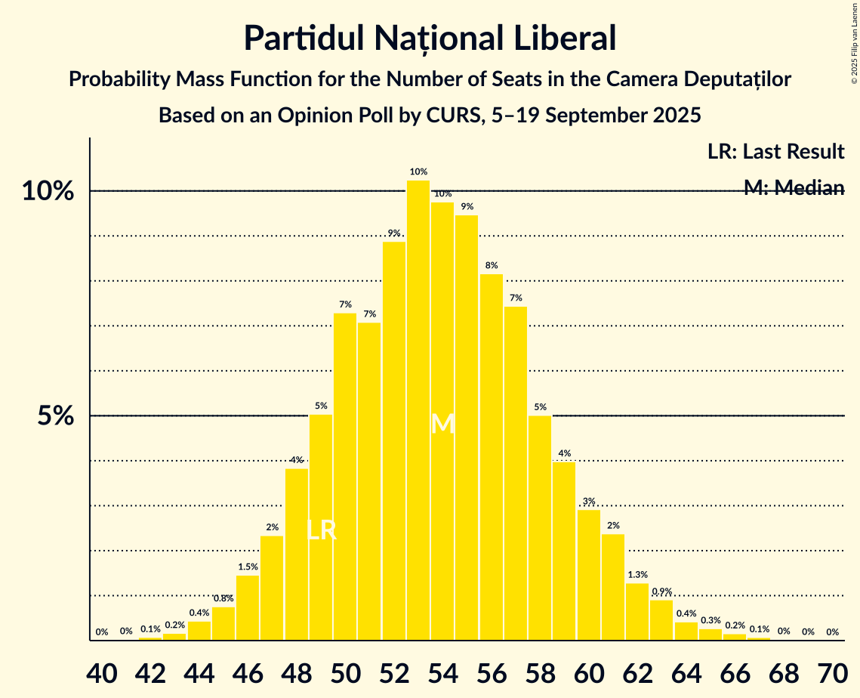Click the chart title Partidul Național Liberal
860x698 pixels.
pos(430,38)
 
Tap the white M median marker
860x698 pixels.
pos(442,424)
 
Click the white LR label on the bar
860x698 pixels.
pos(322,530)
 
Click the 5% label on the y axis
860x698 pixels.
pos(57,416)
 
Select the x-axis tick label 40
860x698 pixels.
pos(102,671)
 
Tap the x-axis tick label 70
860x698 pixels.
pos(832,671)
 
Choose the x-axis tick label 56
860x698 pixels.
pos(492,671)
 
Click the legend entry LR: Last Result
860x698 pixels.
pos(775,152)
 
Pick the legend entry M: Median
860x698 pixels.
pos(794,188)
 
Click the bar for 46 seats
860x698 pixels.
pos(248,608)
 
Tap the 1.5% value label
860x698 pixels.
pos(248,567)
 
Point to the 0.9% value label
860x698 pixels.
pos(661,591)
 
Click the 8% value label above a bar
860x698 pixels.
pos(492,265)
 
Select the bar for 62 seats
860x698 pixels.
pos(637,612)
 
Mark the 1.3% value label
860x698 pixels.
pos(637,575)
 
